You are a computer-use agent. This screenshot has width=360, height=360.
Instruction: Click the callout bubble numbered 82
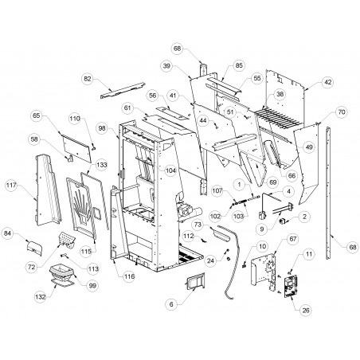(88, 79)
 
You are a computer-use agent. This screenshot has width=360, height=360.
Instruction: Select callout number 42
(328, 82)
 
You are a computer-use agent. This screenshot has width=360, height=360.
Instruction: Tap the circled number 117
(11, 185)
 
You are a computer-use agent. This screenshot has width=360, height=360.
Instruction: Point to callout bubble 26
(306, 310)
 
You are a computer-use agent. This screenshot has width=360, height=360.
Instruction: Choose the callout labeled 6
(171, 304)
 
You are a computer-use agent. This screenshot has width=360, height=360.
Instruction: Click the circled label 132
(41, 297)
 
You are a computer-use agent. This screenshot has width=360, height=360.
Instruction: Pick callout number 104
(170, 170)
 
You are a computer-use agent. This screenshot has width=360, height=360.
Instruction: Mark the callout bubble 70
(342, 112)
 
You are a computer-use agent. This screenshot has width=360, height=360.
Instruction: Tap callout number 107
(217, 190)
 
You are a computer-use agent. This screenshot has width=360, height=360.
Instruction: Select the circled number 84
(8, 233)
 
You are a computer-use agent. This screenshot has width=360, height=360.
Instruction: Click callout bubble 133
(102, 165)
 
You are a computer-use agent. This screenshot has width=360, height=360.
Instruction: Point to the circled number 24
(210, 261)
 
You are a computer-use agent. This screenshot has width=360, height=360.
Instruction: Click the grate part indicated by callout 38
(279, 119)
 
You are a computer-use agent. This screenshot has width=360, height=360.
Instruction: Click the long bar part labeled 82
(123, 91)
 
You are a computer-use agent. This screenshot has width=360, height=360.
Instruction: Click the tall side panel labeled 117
(48, 190)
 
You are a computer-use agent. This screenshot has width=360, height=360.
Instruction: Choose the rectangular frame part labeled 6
(195, 281)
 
